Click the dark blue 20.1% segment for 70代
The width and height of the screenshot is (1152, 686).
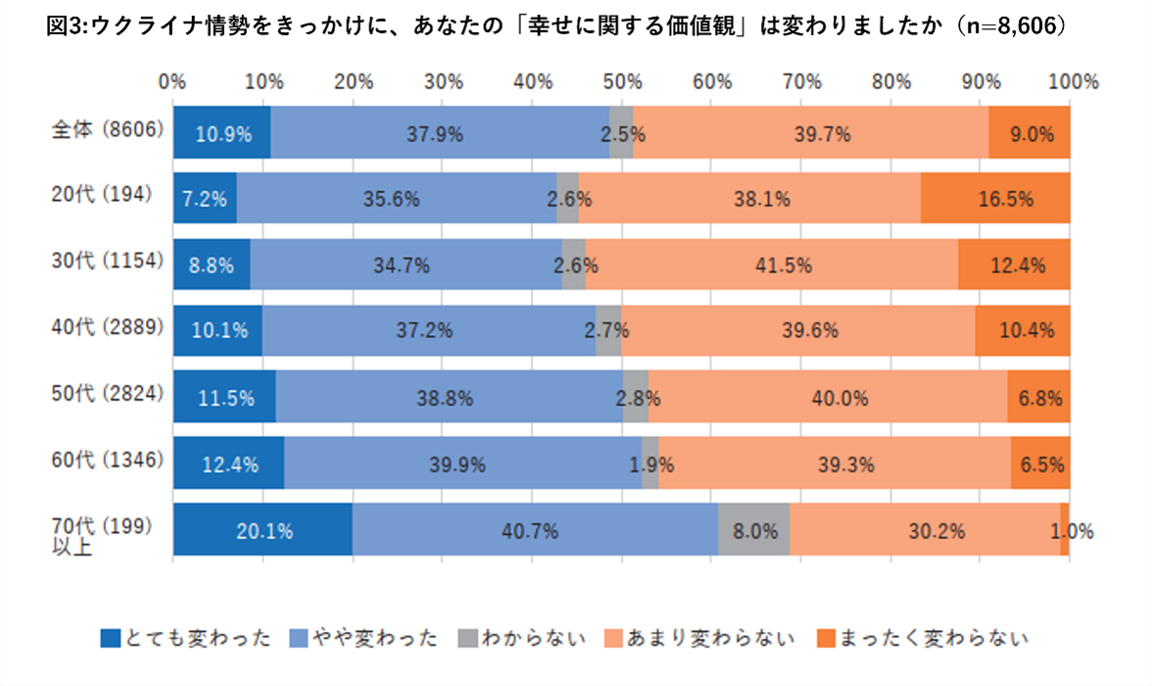click(263, 531)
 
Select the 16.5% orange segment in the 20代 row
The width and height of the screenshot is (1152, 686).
click(995, 199)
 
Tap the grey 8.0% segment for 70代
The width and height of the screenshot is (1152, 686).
click(754, 531)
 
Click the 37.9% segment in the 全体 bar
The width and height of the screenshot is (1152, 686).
click(440, 133)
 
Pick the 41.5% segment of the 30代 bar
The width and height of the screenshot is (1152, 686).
click(771, 266)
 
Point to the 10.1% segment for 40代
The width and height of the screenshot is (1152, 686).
click(217, 331)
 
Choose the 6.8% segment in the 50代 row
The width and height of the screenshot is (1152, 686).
click(1038, 398)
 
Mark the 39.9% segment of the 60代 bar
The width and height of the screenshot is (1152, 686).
click(462, 465)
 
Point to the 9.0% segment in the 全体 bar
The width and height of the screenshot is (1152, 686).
click(1030, 133)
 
